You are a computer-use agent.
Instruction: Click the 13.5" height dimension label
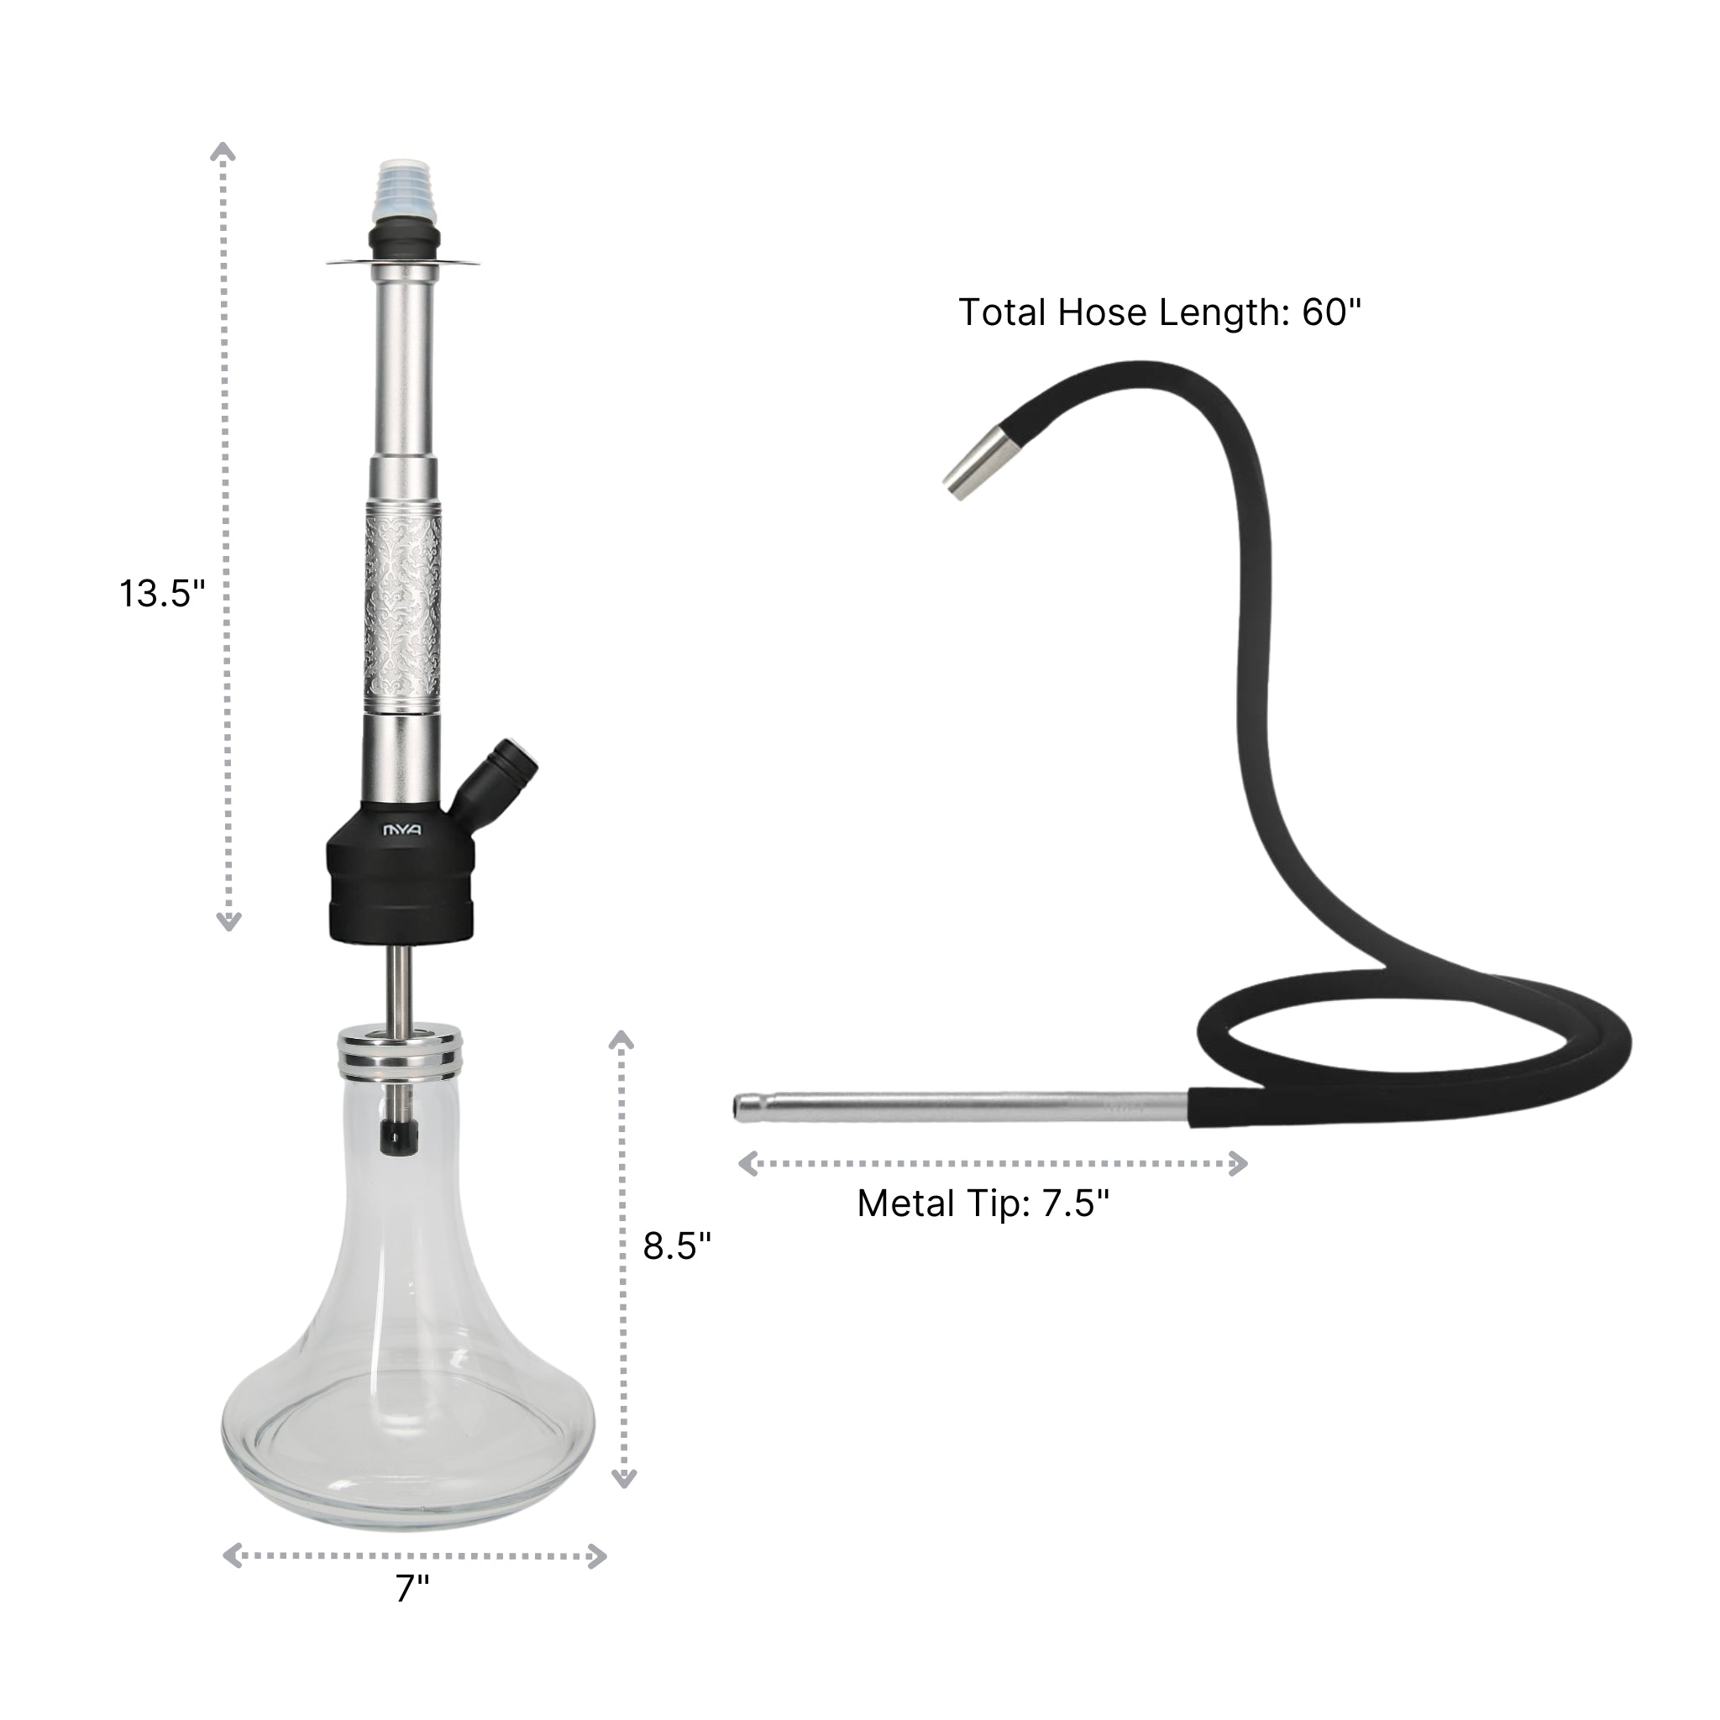(x=162, y=594)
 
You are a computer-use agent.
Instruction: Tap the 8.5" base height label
(x=677, y=1245)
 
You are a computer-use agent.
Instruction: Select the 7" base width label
(x=412, y=1612)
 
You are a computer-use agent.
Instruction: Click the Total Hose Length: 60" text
(x=1159, y=312)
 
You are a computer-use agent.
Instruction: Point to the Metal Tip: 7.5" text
(x=983, y=1203)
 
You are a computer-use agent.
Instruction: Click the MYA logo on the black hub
(x=402, y=830)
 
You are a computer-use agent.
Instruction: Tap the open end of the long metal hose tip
(x=739, y=1108)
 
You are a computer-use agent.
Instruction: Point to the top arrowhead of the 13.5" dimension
(x=223, y=151)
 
